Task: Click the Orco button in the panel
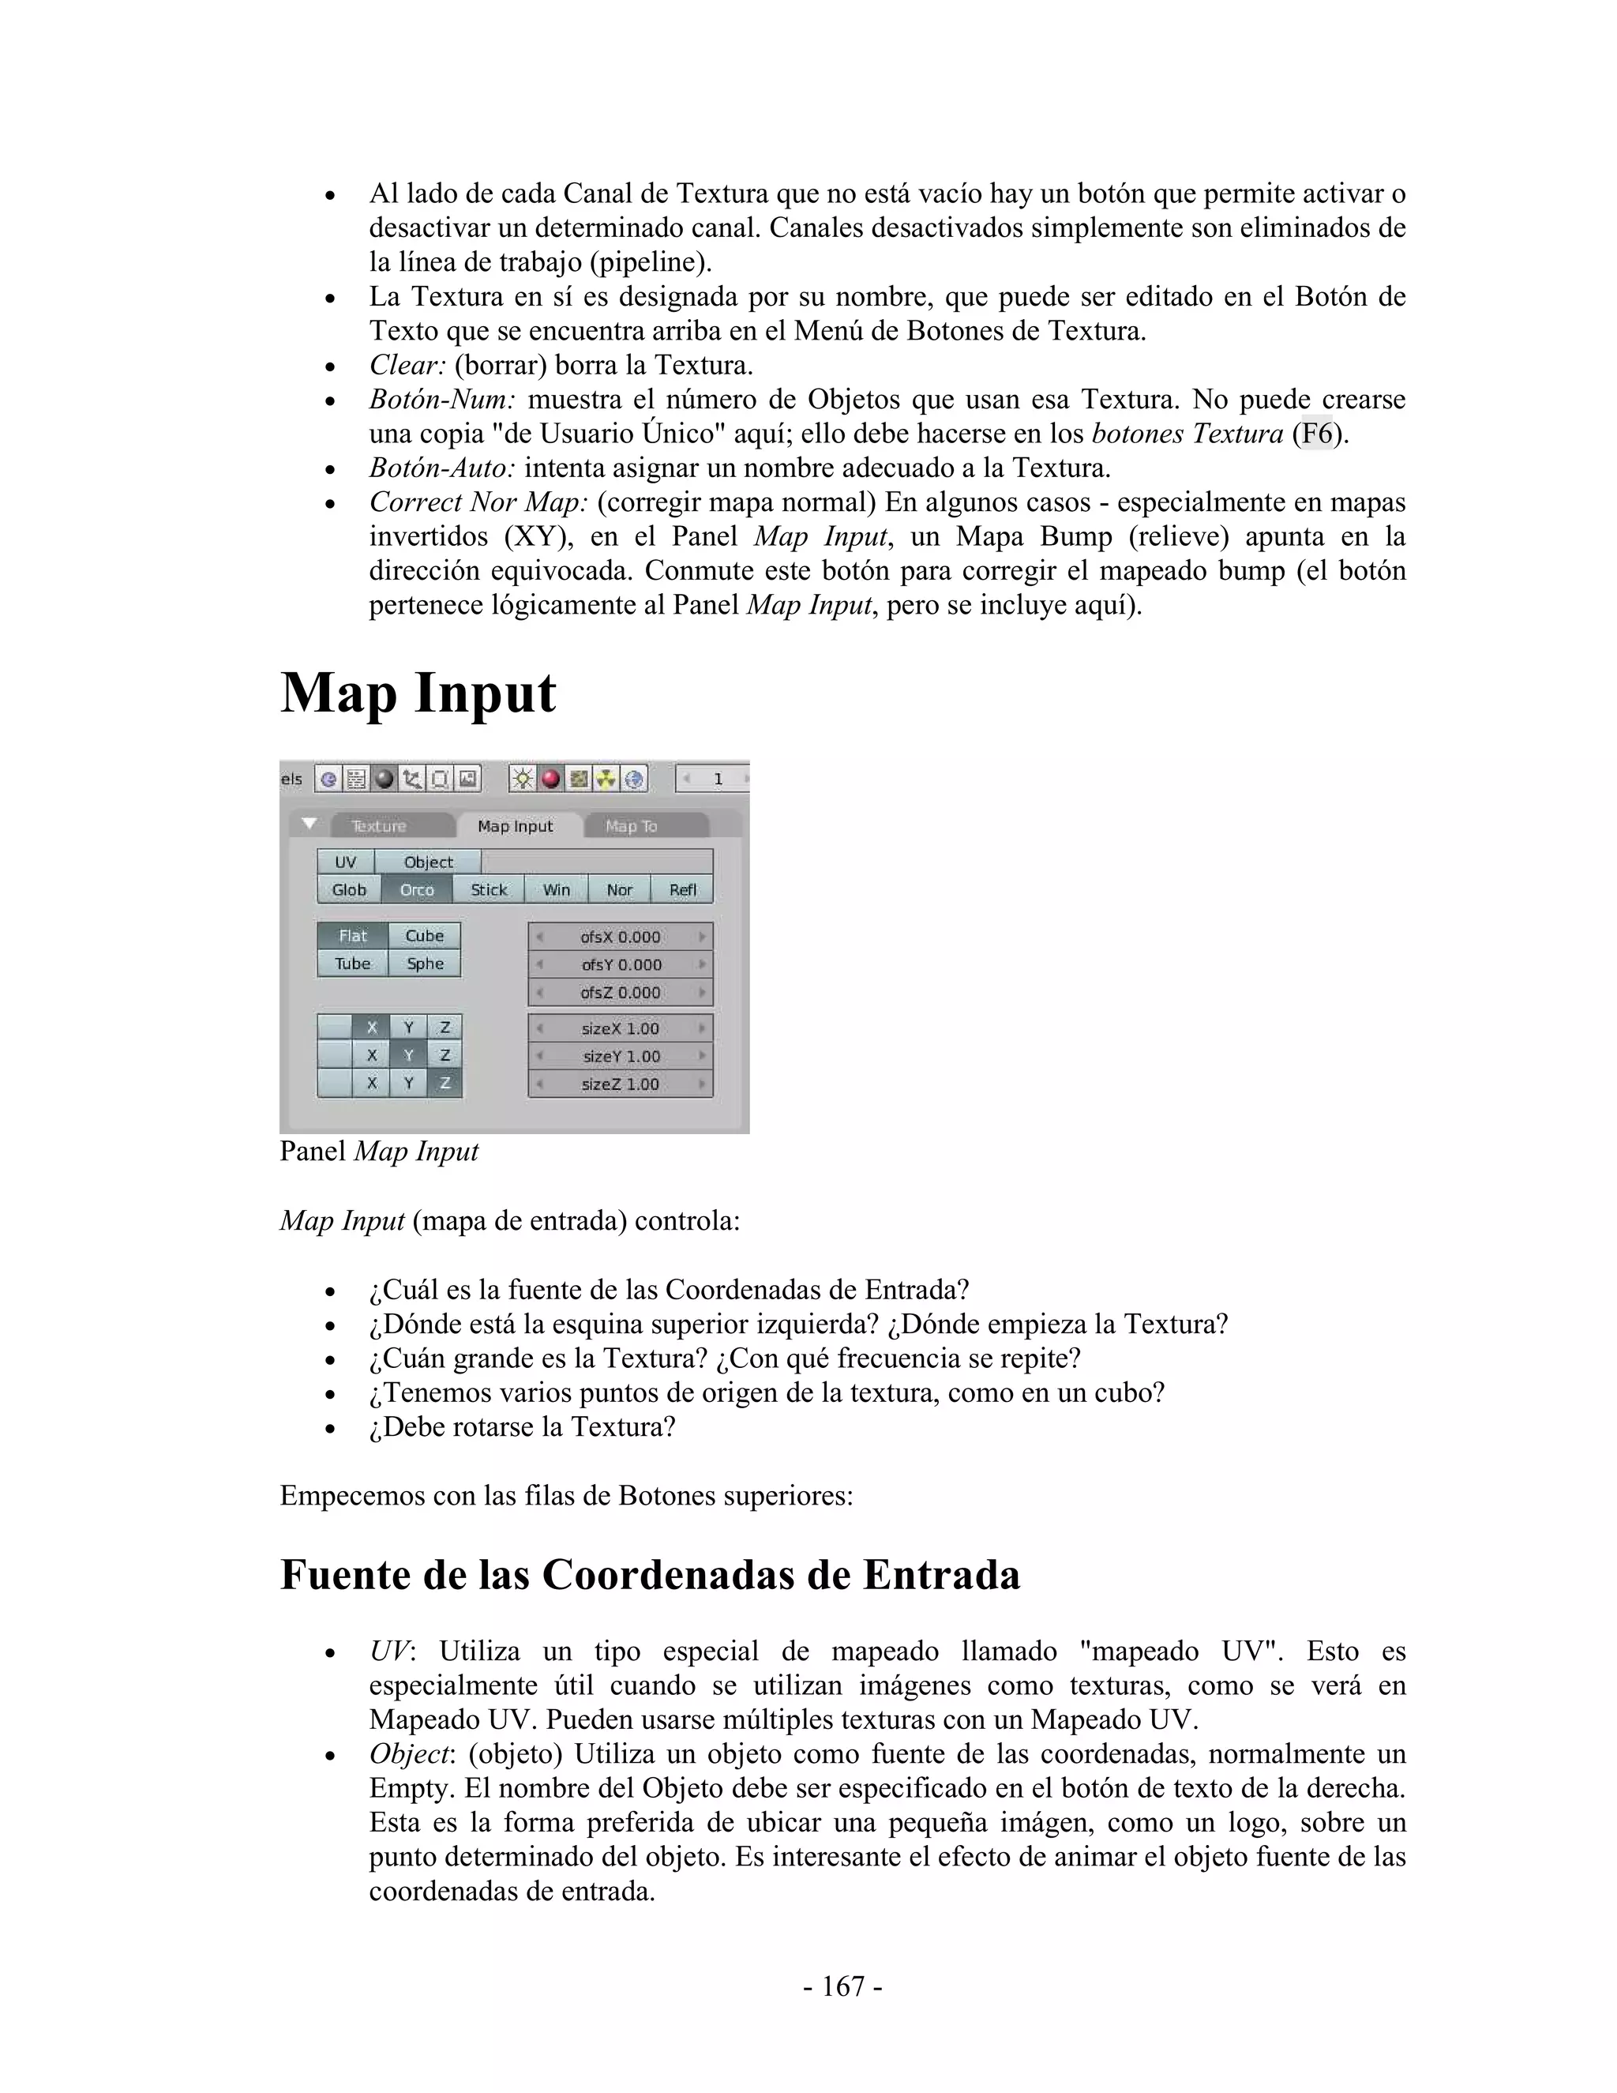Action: [417, 889]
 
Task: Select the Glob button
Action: [349, 889]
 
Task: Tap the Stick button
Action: [489, 889]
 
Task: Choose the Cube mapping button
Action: [424, 935]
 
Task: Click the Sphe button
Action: [424, 963]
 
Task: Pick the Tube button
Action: [352, 963]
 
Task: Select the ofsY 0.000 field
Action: [621, 964]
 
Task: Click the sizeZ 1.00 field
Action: [621, 1084]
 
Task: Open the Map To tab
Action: [632, 826]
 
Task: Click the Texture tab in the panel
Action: [378, 826]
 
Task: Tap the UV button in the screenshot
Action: [345, 862]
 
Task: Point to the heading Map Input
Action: [418, 693]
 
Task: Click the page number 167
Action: [843, 1986]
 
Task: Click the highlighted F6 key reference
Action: [1317, 434]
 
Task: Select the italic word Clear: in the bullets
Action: [408, 365]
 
